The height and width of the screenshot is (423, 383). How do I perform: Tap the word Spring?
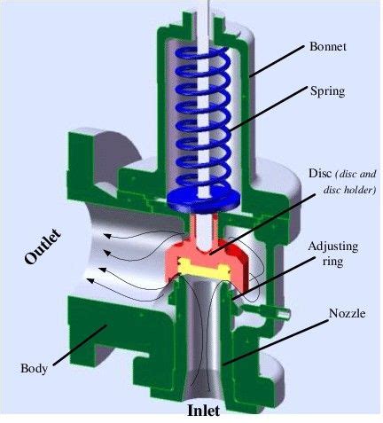(327, 90)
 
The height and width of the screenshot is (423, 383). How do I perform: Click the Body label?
(35, 367)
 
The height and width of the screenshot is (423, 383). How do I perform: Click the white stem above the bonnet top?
(207, 9)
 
